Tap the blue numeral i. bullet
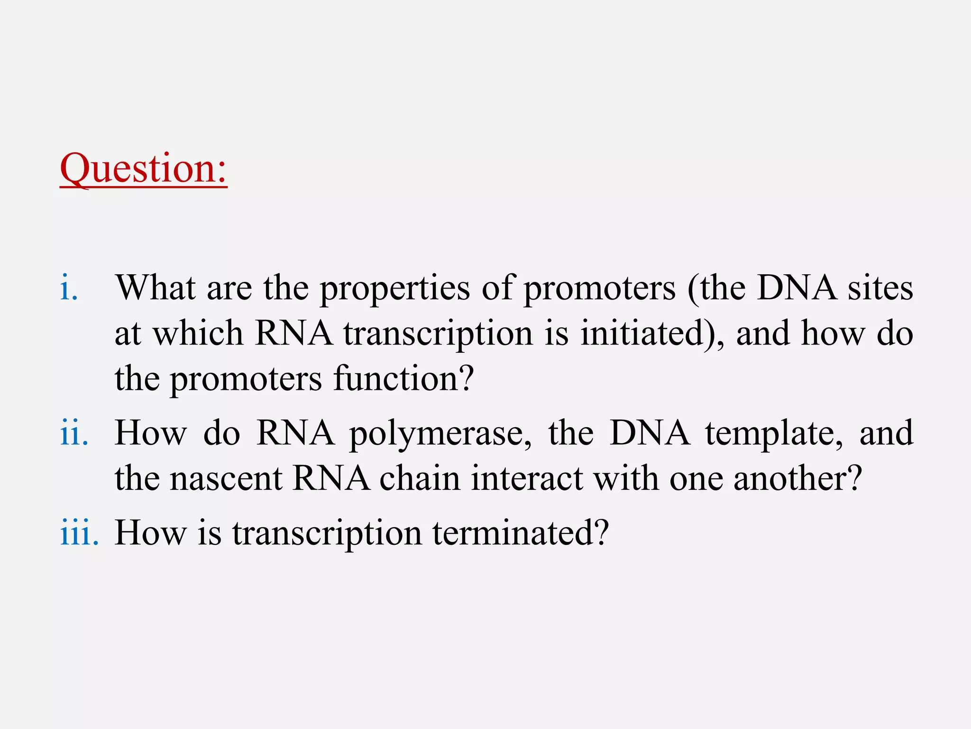pyautogui.click(x=69, y=288)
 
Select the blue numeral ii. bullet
pyautogui.click(x=74, y=433)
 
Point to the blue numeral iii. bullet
pyautogui.click(x=79, y=533)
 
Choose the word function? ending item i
pyautogui.click(x=403, y=378)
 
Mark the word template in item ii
pyautogui.click(x=774, y=434)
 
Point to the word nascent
pyautogui.click(x=226, y=478)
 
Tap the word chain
pyautogui.click(x=420, y=478)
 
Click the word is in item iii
pyautogui.click(x=209, y=533)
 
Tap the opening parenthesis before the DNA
pyautogui.click(x=693, y=289)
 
